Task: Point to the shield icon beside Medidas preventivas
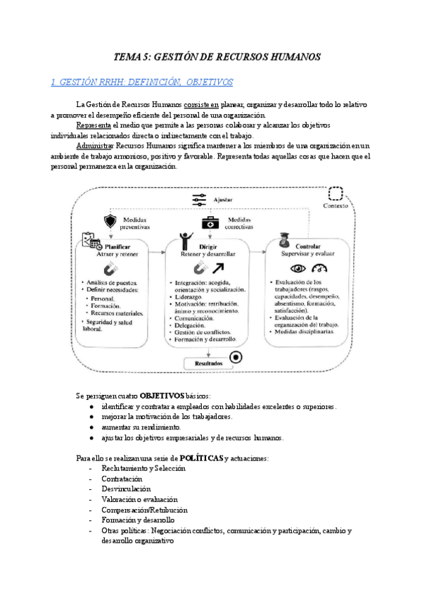[x=110, y=221]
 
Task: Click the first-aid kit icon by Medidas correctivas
[x=210, y=222]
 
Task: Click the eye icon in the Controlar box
[x=298, y=268]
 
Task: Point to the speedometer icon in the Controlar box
[x=321, y=268]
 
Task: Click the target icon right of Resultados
[x=236, y=357]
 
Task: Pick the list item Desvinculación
[x=126, y=488]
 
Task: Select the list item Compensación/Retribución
[x=144, y=509]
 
